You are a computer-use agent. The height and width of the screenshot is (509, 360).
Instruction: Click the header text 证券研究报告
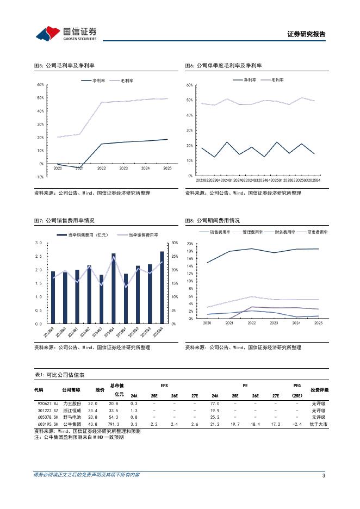pyautogui.click(x=306, y=34)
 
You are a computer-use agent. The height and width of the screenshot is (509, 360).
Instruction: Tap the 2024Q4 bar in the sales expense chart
pyautogui.click(x=114, y=288)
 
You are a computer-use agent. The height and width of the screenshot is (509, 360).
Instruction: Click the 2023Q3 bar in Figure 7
pyautogui.click(x=53, y=297)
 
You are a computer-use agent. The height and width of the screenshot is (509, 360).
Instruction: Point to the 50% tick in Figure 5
pyautogui.click(x=40, y=98)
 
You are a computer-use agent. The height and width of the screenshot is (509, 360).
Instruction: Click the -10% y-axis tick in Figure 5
pyautogui.click(x=39, y=177)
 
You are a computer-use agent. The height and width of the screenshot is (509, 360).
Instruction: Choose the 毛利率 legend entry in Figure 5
pyautogui.click(x=122, y=80)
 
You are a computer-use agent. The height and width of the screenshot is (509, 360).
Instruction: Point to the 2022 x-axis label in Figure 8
pyautogui.click(x=251, y=323)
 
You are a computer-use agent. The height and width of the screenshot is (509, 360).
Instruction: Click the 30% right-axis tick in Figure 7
pyautogui.click(x=175, y=243)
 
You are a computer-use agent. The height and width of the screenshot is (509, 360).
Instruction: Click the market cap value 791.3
pyautogui.click(x=113, y=424)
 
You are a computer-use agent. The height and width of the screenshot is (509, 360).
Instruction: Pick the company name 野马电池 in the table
pyautogui.click(x=71, y=417)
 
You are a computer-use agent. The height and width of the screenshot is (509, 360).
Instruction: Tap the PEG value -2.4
pyautogui.click(x=297, y=424)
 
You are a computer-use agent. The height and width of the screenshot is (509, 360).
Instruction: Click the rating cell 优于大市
pyautogui.click(x=319, y=424)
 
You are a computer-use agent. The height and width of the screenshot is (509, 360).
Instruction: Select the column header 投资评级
pyautogui.click(x=319, y=390)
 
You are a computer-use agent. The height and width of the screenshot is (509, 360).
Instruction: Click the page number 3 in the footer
pyautogui.click(x=324, y=476)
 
